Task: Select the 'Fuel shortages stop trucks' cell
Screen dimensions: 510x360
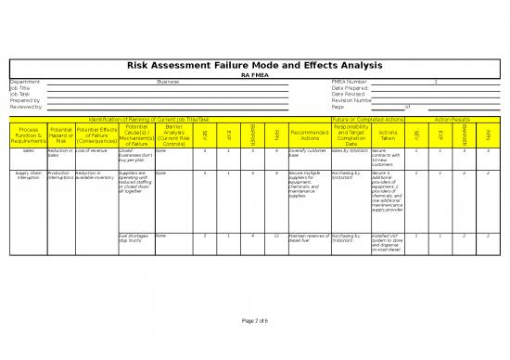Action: (135, 239)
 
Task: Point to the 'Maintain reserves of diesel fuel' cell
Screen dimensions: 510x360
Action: (309, 239)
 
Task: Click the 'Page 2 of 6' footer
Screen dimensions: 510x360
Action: (254, 320)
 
